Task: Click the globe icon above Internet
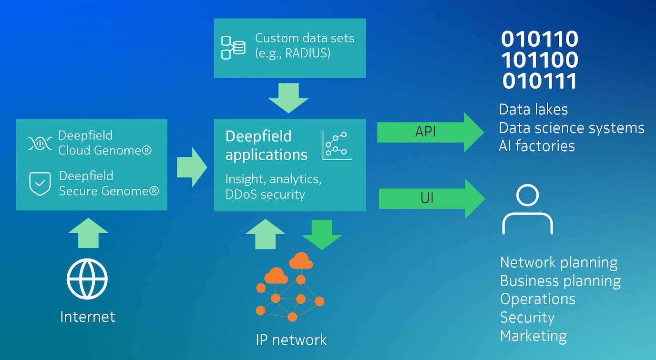(87, 279)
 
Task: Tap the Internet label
(88, 317)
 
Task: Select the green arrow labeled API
(429, 132)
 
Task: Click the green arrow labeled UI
(430, 198)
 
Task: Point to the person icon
(527, 210)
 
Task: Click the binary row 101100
(540, 60)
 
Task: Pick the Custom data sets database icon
(233, 47)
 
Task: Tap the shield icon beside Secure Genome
(40, 184)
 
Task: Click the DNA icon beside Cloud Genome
(40, 143)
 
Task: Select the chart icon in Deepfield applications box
(337, 145)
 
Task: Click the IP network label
(291, 339)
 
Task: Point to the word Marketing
(533, 336)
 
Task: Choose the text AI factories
(536, 145)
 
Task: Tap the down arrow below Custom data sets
(288, 98)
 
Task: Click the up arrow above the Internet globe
(88, 233)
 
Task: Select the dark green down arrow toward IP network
(322, 234)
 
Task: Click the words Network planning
(559, 262)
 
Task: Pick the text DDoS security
(265, 194)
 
